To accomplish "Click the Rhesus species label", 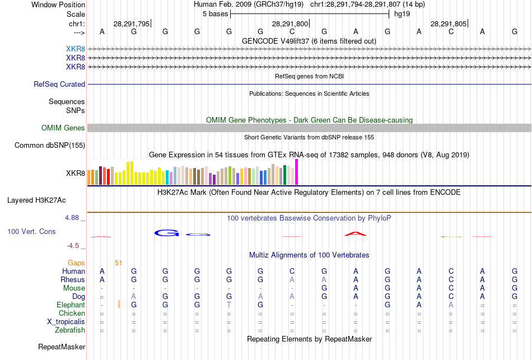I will [73, 280].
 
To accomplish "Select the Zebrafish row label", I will [71, 330].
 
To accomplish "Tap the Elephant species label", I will [71, 305].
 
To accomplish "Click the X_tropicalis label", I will [66, 322].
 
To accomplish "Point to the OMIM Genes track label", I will [63, 128].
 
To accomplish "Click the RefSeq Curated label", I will [59, 85].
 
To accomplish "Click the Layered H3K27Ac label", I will [44, 200].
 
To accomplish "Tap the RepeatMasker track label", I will [62, 347].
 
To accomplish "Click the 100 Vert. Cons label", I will [31, 231].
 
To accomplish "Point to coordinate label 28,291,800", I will [290, 24].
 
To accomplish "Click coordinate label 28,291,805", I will [448, 24].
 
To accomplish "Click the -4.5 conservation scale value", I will [75, 246].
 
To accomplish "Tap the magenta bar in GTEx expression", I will [297, 172].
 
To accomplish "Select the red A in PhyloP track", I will [355, 233].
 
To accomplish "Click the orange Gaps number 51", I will [118, 263].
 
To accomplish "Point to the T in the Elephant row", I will [228, 305].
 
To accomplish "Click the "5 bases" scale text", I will [214, 13].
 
